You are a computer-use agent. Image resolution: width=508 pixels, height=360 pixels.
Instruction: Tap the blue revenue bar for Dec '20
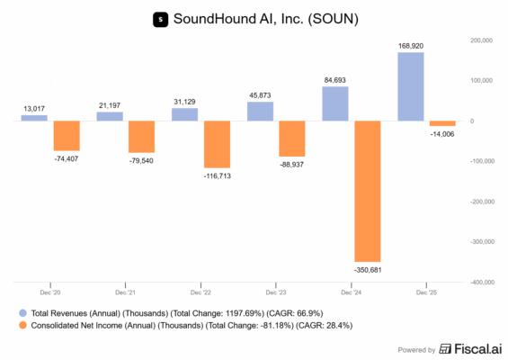click(34, 118)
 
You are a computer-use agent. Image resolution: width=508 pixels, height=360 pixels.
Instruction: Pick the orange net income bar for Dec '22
click(217, 144)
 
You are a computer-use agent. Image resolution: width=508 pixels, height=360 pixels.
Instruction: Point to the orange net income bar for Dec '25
click(442, 123)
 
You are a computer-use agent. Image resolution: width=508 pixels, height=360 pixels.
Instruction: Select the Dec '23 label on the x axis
click(275, 292)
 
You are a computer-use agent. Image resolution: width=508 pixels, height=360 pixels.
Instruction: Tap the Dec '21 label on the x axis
click(125, 292)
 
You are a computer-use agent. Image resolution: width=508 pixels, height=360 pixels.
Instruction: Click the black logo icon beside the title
click(161, 18)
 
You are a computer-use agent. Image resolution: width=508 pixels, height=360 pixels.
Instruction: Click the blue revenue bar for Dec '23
click(260, 111)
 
